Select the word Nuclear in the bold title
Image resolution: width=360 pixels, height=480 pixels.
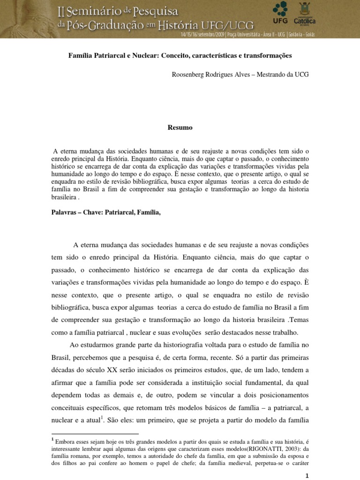(145, 55)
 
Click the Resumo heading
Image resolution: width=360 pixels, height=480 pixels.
(180, 127)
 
